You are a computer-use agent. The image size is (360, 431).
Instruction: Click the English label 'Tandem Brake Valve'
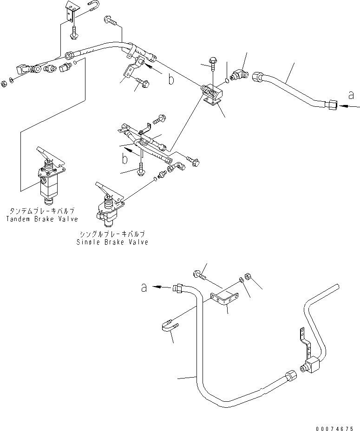point(42,219)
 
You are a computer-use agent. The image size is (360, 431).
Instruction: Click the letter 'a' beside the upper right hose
point(351,96)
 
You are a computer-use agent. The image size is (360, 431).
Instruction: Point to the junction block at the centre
point(213,94)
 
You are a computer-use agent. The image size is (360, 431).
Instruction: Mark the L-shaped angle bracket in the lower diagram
point(225,297)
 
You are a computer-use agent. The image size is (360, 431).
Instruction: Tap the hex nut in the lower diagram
point(248,277)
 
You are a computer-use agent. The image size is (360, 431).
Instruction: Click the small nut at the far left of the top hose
point(4,84)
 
